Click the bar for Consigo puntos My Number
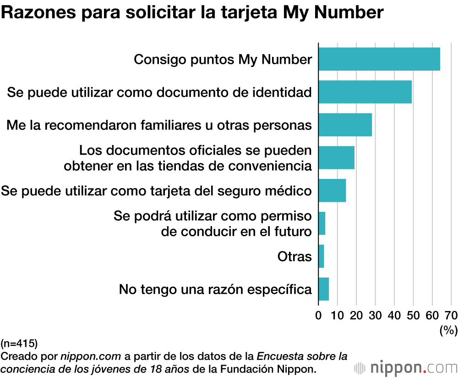tap(379, 59)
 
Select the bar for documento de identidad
tap(365, 92)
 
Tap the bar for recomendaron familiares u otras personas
tap(345, 124)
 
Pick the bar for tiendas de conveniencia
tap(336, 157)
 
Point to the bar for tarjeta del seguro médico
tap(332, 190)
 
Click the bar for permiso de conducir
tap(322, 223)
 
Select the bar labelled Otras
tap(321, 256)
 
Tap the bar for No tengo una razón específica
tap(323, 289)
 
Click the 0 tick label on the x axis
tap(318, 316)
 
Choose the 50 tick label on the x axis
tap(413, 316)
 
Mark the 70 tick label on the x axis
tap(451, 316)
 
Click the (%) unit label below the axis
tap(448, 330)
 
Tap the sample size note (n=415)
tap(19, 343)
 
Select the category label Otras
tap(294, 256)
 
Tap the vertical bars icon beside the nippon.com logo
tap(360, 368)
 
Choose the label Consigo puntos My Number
tap(223, 60)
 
